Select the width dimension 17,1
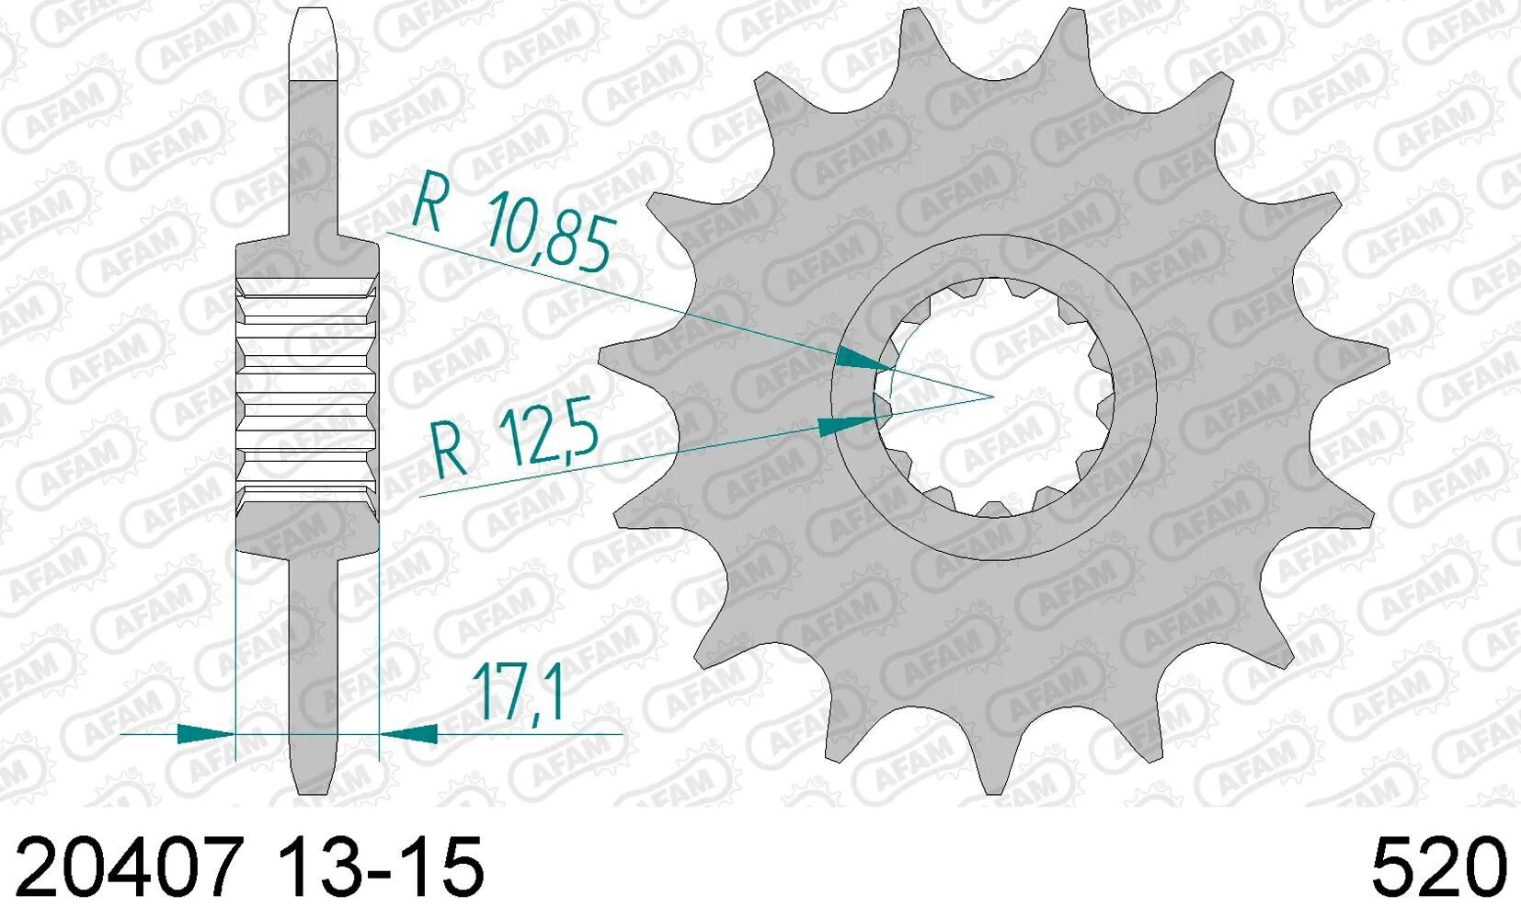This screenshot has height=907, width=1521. pos(518,692)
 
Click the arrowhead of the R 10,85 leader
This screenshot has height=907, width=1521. pos(863,360)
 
